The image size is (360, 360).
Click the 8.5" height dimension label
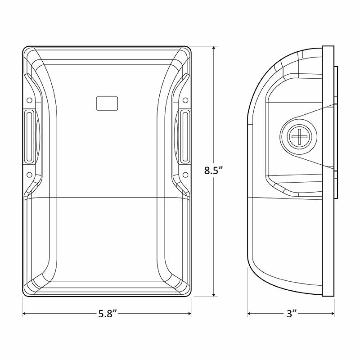tap(214, 171)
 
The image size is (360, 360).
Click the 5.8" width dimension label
tap(108, 314)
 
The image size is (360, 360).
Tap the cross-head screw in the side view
tap(299, 136)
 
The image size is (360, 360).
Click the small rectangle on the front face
tap(107, 103)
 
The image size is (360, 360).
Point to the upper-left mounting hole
tap(29, 100)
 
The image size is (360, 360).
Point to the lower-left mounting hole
tap(29, 175)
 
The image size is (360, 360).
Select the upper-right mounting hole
tap(185, 100)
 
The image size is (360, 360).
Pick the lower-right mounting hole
tap(185, 175)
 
